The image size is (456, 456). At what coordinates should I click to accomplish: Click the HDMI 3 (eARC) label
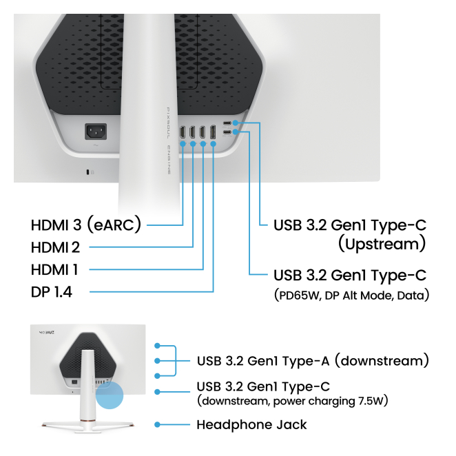[86, 225]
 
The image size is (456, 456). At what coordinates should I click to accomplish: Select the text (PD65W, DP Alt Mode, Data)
[351, 296]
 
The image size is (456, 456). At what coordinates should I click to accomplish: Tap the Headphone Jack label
[251, 424]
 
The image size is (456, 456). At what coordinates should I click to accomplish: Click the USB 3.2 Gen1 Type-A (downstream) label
[313, 360]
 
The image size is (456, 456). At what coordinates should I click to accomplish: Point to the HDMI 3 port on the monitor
[182, 132]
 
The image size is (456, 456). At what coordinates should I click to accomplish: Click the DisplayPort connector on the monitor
[213, 132]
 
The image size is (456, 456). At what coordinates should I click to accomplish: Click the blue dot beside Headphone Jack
[158, 425]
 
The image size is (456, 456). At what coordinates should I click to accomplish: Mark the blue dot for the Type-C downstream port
[158, 393]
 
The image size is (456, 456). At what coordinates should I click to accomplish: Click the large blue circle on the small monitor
[110, 397]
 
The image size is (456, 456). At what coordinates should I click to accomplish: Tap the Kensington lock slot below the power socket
[87, 172]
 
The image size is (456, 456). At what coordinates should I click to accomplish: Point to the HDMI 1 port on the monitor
[203, 132]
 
